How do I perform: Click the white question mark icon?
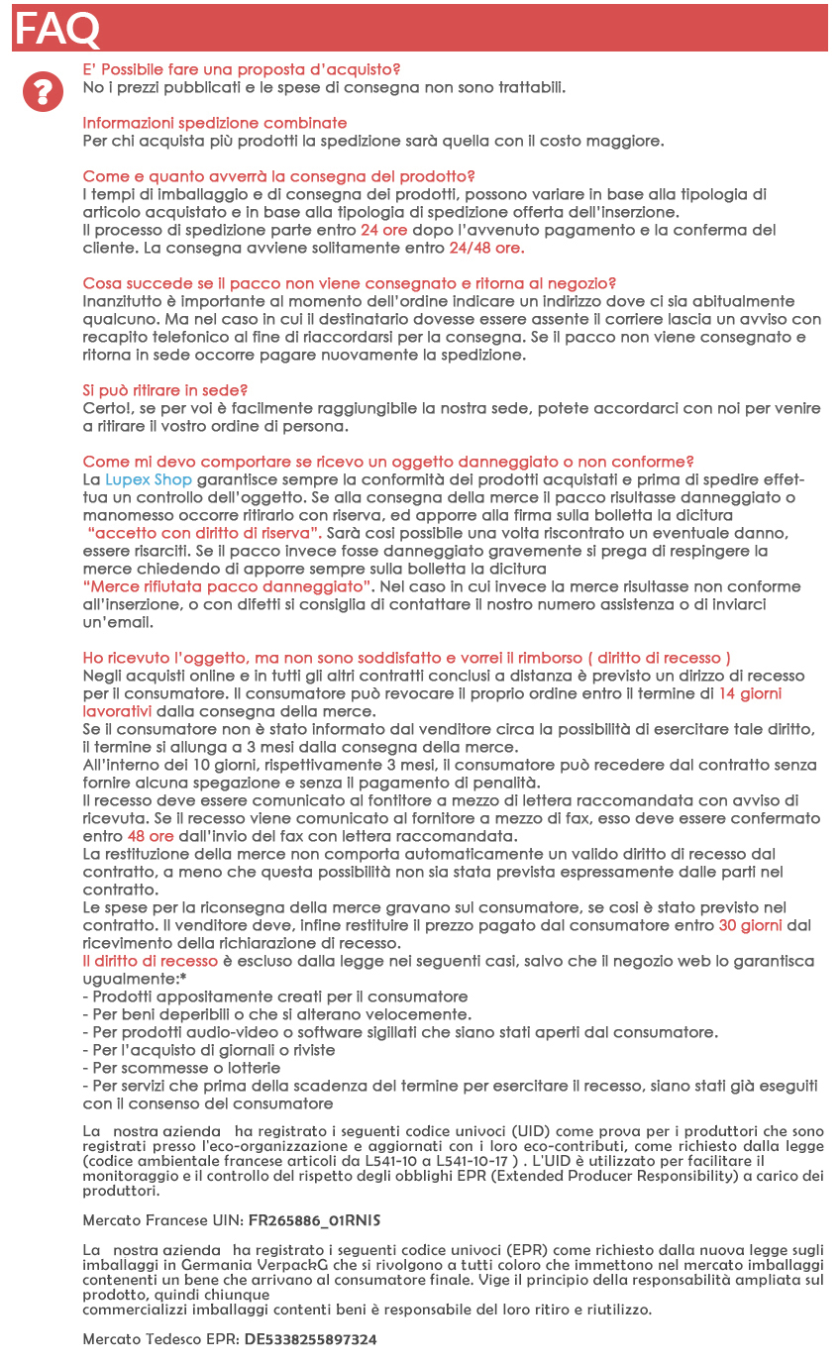(x=43, y=92)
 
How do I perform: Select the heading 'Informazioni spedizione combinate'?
(x=214, y=123)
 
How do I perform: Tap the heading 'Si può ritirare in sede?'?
(x=164, y=390)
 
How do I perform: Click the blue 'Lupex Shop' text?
(x=149, y=479)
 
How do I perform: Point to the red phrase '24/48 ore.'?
(x=486, y=248)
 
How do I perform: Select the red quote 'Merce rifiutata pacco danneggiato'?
(x=227, y=586)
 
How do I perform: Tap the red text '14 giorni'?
(x=749, y=693)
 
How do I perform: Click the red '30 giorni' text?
(x=750, y=925)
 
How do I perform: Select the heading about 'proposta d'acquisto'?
(x=242, y=69)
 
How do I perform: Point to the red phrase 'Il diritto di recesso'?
(x=150, y=961)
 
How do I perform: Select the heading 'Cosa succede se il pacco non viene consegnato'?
(x=350, y=283)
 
